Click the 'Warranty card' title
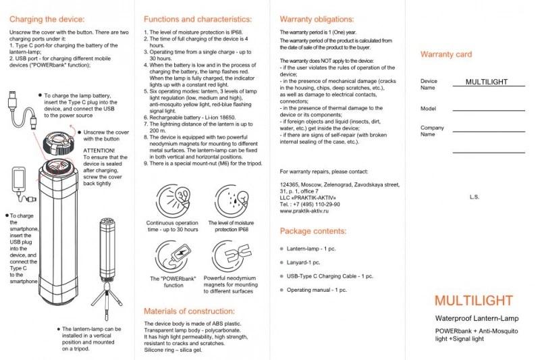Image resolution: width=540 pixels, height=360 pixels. point(446,54)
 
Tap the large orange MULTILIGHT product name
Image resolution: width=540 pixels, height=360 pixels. point(473,301)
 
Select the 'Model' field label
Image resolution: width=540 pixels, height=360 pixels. point(428,108)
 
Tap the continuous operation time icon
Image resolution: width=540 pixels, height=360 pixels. point(172,199)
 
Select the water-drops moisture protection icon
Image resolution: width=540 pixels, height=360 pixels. point(232,199)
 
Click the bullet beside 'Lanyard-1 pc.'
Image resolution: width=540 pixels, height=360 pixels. point(280,262)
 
